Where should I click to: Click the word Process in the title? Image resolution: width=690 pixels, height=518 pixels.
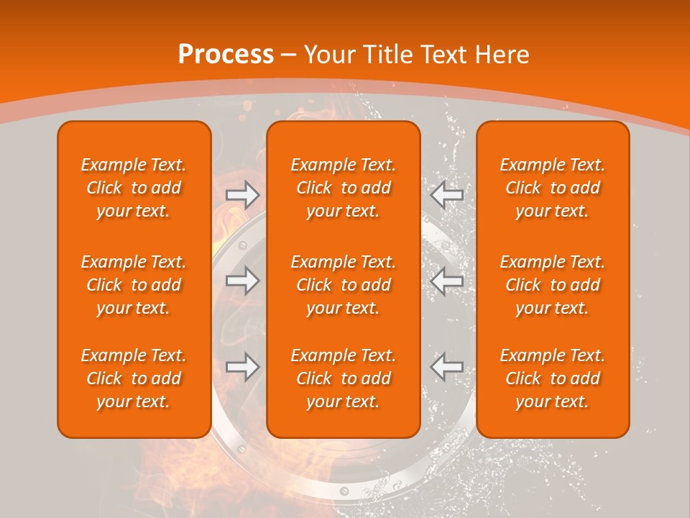226,55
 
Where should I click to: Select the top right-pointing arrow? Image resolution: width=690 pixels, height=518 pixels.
243,194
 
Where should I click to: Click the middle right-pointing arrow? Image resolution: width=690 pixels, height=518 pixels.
243,281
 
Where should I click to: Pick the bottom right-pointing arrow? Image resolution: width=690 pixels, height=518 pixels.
243,367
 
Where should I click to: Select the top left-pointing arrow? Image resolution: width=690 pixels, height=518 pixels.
447,194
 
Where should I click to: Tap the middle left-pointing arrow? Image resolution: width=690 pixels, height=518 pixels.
447,281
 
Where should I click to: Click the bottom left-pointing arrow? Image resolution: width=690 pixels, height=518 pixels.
447,367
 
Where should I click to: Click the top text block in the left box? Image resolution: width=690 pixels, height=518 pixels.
134,188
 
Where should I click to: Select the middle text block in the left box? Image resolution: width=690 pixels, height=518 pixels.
134,285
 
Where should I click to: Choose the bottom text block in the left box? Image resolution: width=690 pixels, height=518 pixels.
134,378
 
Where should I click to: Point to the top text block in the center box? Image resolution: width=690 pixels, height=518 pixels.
343,188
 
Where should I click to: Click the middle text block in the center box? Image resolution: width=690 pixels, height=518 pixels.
343,285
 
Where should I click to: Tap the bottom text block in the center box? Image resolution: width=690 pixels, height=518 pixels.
343,378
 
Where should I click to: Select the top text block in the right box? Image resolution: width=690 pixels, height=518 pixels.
552,188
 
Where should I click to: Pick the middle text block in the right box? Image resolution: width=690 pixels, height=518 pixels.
552,285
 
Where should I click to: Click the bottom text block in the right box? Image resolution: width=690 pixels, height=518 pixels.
552,378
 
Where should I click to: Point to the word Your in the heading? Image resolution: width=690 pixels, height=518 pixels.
330,55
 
